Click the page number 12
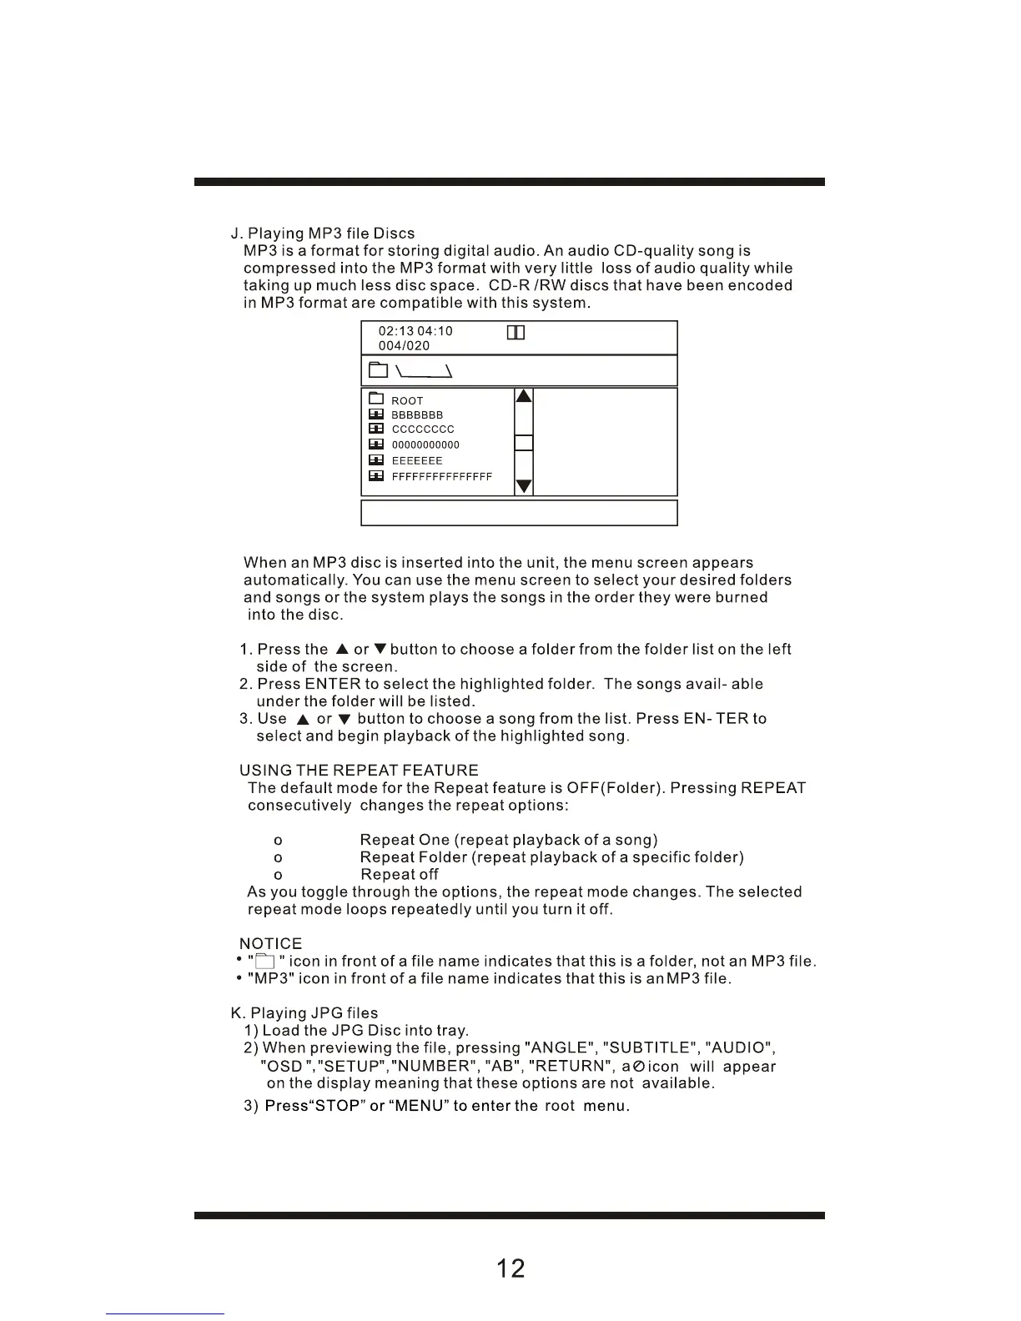tap(510, 1268)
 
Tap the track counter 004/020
tap(405, 346)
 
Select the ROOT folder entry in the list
tap(407, 401)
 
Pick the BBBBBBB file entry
tap(417, 415)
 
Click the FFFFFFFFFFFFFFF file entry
tap(441, 477)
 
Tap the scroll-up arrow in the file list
tap(524, 396)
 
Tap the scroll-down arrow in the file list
tap(524, 486)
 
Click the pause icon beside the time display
tap(516, 333)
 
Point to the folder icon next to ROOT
tap(376, 399)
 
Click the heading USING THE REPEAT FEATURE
tap(359, 771)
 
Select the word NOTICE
tap(270, 944)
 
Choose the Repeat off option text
tap(400, 875)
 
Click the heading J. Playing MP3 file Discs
tap(323, 234)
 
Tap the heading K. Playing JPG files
tap(304, 1013)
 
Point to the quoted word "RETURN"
tap(570, 1067)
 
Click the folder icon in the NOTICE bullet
tap(264, 962)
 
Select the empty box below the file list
tap(519, 513)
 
